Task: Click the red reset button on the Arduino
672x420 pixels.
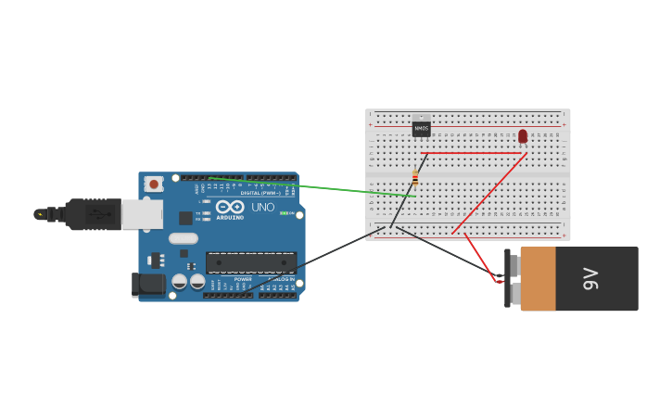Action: point(154,185)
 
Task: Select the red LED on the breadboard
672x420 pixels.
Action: point(523,136)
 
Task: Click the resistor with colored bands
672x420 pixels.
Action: point(415,178)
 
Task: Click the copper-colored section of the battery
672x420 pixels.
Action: point(538,278)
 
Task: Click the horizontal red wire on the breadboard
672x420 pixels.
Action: point(473,153)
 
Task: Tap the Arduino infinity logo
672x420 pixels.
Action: point(230,207)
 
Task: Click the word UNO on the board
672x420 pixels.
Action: point(263,207)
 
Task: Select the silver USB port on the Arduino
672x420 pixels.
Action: point(142,214)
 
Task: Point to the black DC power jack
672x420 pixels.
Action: point(148,285)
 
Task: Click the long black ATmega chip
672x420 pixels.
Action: point(251,262)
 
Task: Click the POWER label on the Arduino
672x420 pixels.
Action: point(243,278)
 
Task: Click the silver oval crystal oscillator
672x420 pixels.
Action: point(184,238)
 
